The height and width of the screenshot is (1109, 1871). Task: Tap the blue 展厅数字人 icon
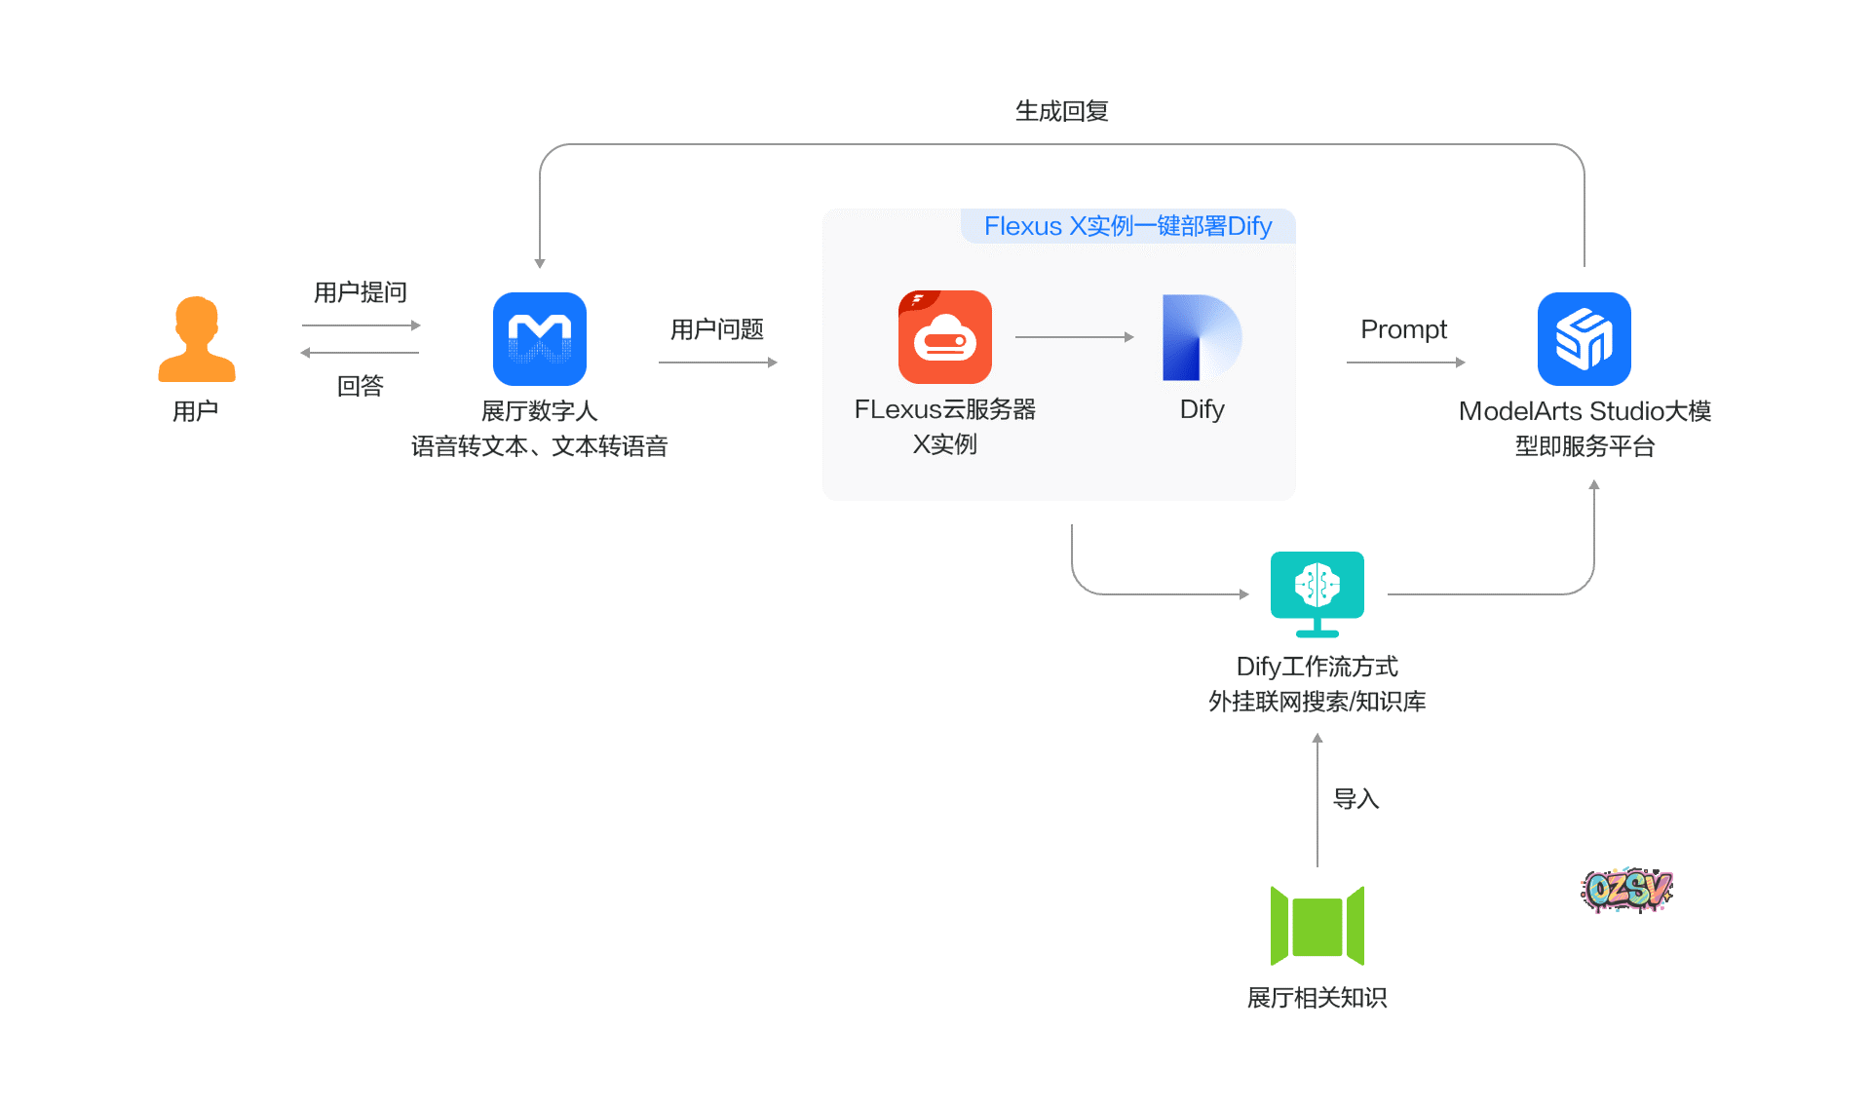point(539,339)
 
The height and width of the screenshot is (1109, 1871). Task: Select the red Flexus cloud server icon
point(944,337)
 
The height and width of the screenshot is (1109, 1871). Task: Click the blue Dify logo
point(1201,337)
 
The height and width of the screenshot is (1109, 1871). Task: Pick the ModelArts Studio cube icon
point(1584,339)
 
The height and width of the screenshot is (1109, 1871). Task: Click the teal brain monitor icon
point(1317,593)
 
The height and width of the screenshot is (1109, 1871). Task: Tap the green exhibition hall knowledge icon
point(1317,926)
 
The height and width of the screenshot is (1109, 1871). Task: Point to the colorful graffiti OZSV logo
point(1625,889)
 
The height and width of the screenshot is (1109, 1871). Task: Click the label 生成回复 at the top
point(1061,111)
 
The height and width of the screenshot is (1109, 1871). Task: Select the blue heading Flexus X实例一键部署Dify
point(1127,226)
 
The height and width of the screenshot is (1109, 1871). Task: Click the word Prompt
point(1403,329)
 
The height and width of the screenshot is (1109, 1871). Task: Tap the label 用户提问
point(360,292)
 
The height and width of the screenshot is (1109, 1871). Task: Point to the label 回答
point(360,386)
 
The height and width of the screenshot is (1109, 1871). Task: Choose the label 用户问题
point(716,329)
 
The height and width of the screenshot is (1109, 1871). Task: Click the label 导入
point(1356,799)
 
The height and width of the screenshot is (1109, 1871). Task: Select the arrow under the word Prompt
point(1405,363)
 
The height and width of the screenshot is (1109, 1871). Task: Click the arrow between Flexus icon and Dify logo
point(1074,337)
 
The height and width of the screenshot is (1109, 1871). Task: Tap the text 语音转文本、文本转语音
point(539,446)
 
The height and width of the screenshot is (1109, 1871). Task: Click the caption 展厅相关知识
point(1317,998)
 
